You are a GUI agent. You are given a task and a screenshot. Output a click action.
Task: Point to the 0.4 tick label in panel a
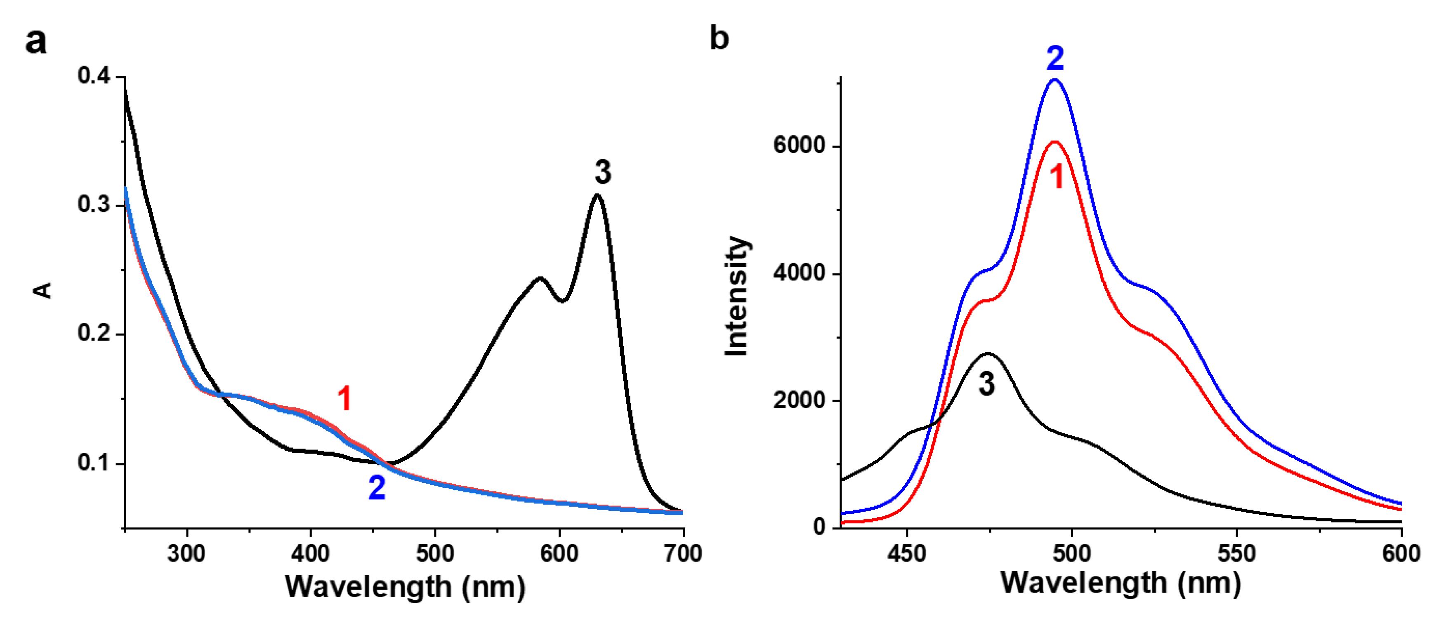[94, 75]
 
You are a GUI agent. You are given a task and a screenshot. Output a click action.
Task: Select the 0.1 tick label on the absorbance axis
[94, 463]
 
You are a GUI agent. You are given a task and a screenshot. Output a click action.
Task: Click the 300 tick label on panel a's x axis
[186, 553]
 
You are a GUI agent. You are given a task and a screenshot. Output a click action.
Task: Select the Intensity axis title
[737, 296]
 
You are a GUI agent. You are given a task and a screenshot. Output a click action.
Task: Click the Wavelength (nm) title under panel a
[405, 587]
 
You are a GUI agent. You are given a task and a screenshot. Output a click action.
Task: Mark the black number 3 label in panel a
[603, 172]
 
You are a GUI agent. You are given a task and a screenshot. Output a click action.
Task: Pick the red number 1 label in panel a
[344, 399]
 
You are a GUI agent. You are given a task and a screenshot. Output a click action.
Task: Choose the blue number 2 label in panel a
[377, 487]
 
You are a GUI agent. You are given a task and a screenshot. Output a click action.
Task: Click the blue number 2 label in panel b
[1054, 58]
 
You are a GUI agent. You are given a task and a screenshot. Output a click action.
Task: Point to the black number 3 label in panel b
[986, 384]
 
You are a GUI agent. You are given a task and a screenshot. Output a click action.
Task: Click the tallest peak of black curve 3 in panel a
[597, 195]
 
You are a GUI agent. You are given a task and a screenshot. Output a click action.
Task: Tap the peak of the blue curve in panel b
[1054, 80]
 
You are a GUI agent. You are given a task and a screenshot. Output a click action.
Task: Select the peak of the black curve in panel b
[988, 353]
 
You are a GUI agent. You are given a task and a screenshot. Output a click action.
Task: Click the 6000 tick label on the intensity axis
[799, 145]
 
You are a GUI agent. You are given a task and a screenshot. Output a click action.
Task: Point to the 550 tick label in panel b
[1237, 553]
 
